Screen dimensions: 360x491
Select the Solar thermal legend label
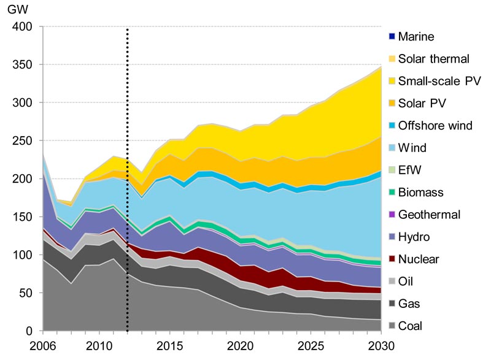click(433, 59)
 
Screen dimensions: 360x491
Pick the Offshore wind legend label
click(435, 126)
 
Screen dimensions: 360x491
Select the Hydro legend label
click(413, 237)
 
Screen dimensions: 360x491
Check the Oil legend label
click(406, 281)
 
